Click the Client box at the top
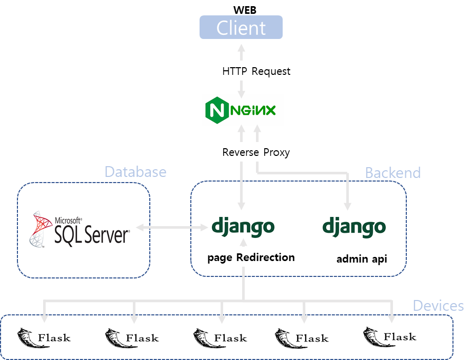pos(241,27)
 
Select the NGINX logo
pos(242,110)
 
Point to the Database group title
pos(135,171)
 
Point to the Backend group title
pos(392,173)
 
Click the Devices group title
pos(438,306)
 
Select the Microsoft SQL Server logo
pos(80,228)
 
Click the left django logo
pos(243,227)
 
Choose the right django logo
pos(354,227)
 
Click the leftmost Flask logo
pos(45,338)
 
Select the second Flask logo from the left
pos(132,338)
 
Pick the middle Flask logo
pos(221,338)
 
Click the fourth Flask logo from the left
pos(303,338)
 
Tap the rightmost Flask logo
pos(390,337)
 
